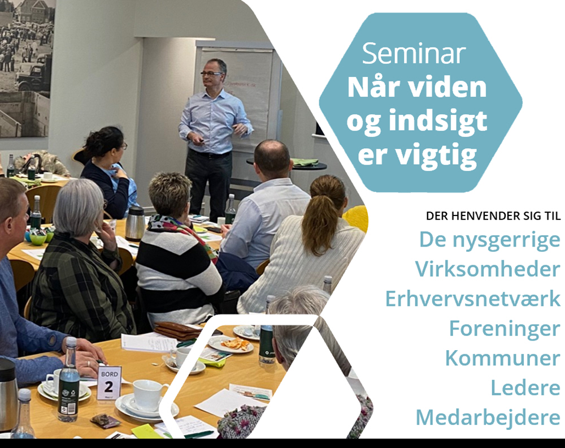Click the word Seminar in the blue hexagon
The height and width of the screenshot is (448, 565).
click(x=414, y=53)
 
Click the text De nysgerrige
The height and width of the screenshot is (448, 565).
click(x=489, y=239)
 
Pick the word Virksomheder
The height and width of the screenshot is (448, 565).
click(x=488, y=269)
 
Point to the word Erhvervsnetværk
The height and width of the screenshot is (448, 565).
click(x=472, y=299)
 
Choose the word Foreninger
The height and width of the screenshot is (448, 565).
click(x=505, y=329)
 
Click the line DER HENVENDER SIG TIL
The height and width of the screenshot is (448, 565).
click(x=493, y=217)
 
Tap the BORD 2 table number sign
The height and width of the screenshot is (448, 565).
click(x=109, y=382)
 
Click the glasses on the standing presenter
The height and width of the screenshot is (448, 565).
click(x=212, y=74)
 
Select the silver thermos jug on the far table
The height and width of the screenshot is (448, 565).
click(x=135, y=223)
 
